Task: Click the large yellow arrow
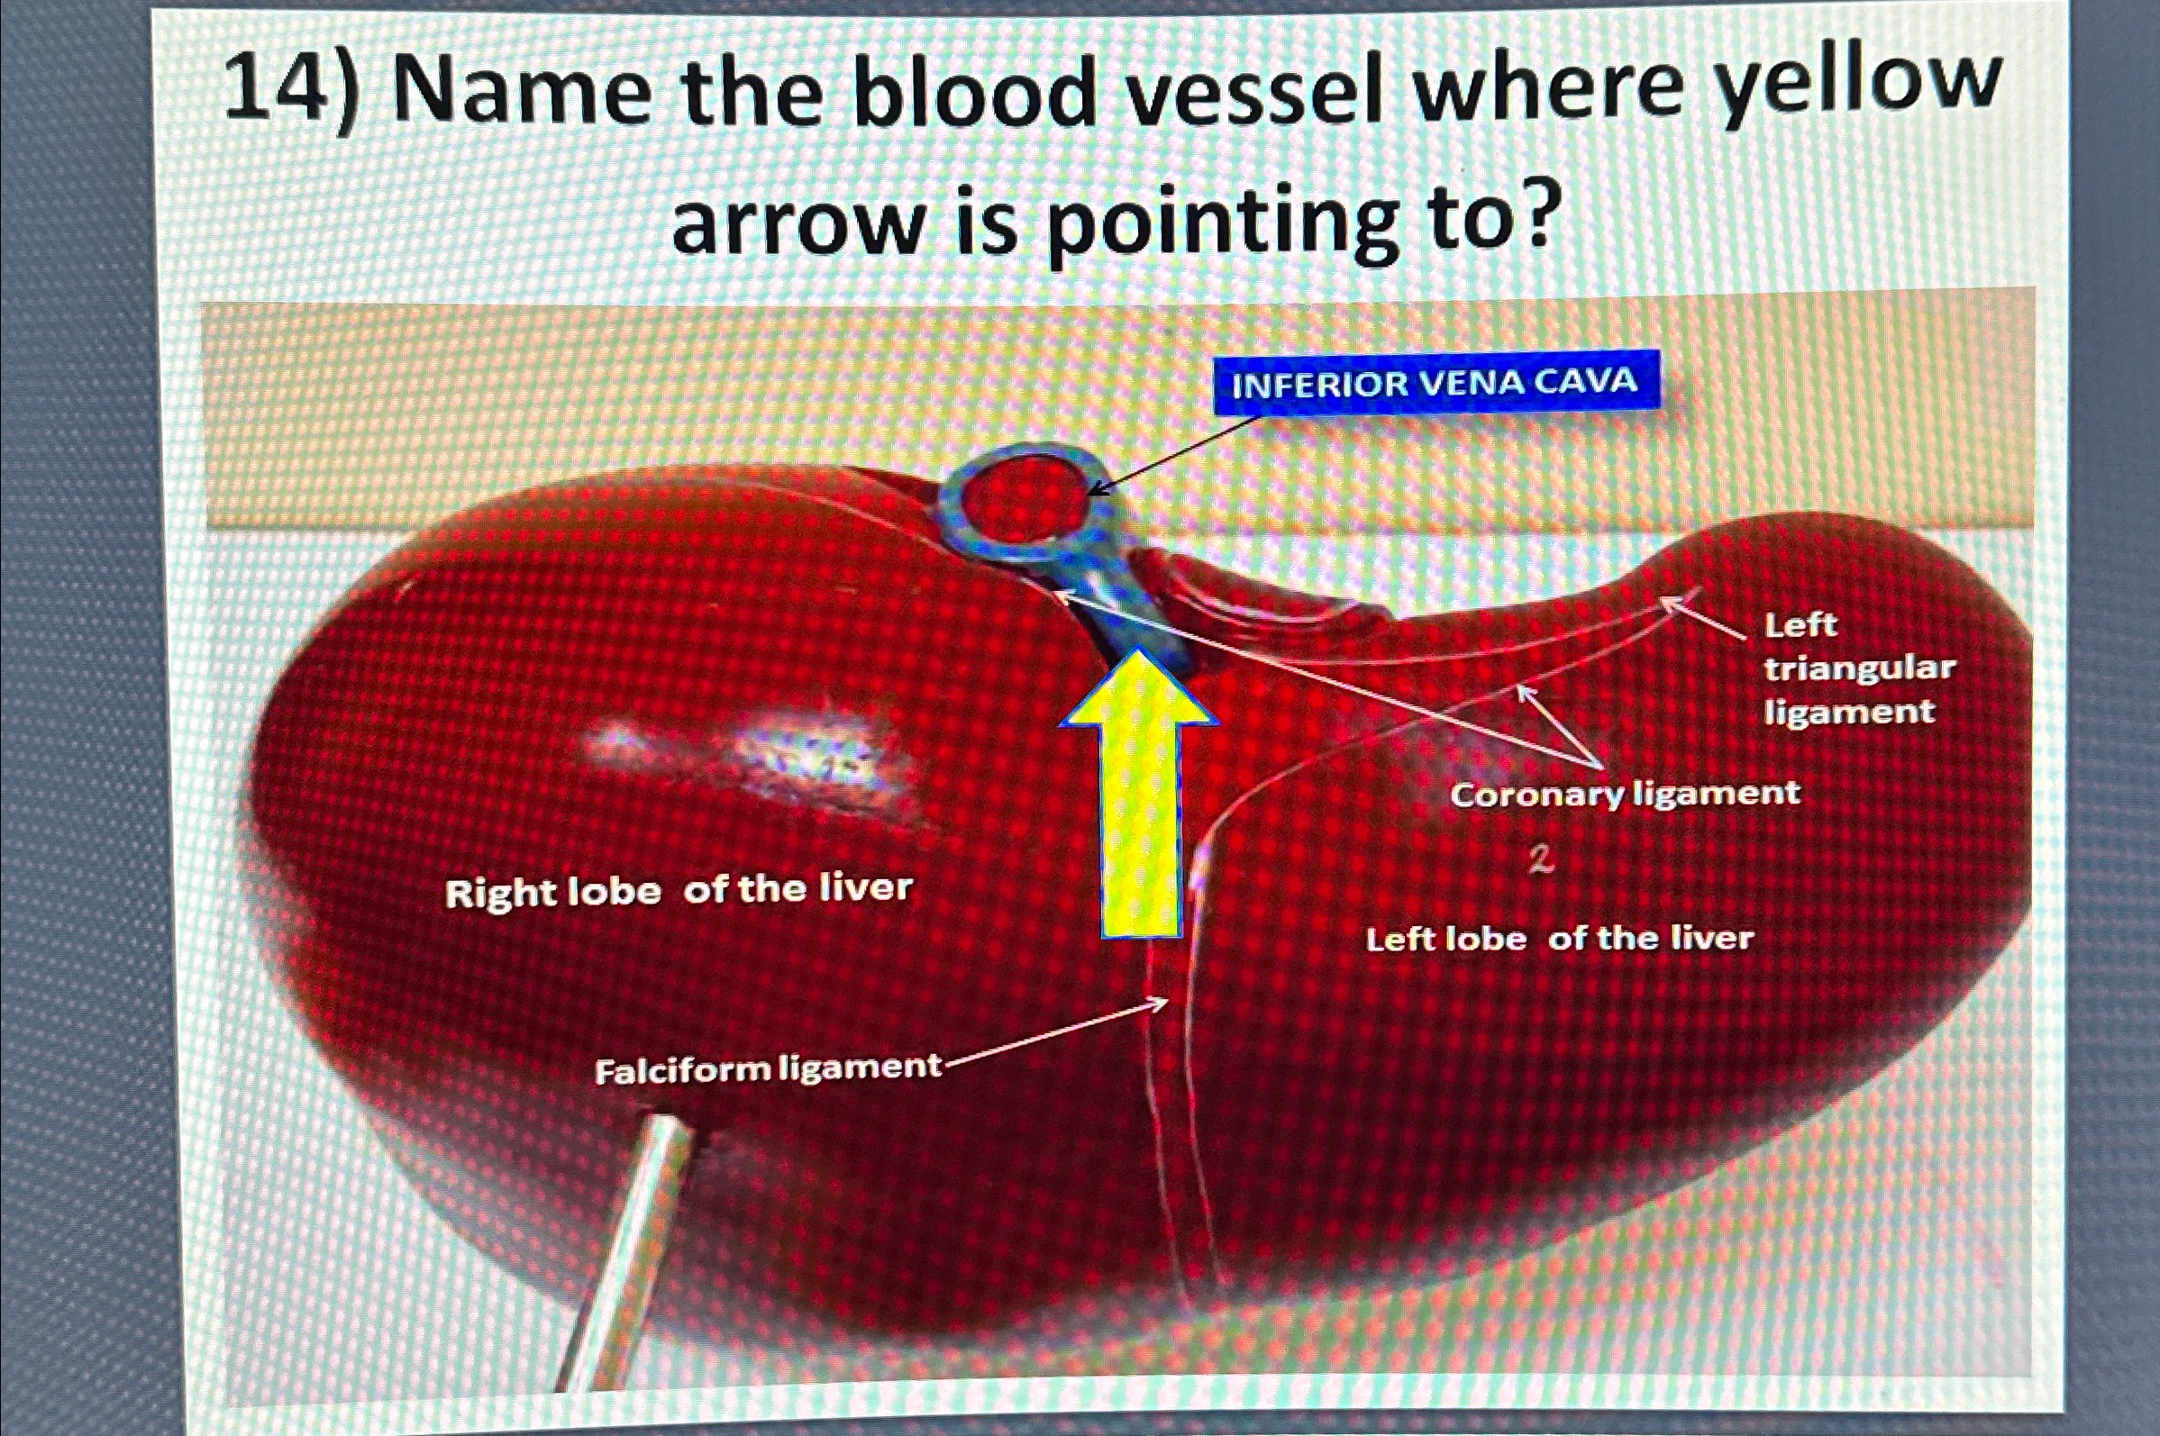pyautogui.click(x=1140, y=806)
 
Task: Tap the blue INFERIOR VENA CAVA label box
pyautogui.click(x=1435, y=382)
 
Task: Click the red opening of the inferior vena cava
pyautogui.click(x=1026, y=500)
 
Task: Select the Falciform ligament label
pyautogui.click(x=768, y=1068)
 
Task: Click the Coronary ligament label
pyautogui.click(x=1624, y=793)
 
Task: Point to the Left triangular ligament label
pyautogui.click(x=1858, y=668)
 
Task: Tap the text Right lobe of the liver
pyautogui.click(x=679, y=890)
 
